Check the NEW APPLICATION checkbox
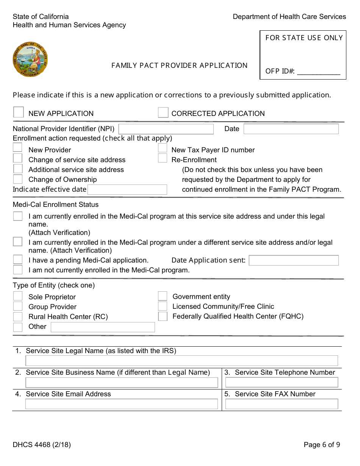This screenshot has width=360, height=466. (x=18, y=112)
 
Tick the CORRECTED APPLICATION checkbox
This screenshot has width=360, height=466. (x=163, y=113)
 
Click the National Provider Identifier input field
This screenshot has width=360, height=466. (x=166, y=129)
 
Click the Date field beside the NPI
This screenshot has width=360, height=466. (x=291, y=129)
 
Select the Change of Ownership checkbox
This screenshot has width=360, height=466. (x=18, y=179)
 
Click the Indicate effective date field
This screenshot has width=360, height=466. (x=127, y=189)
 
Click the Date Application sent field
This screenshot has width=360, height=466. (x=293, y=260)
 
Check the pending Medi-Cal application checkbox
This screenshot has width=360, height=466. (x=18, y=260)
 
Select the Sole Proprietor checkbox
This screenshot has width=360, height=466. (x=18, y=296)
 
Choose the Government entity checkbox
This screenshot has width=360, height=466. (x=163, y=296)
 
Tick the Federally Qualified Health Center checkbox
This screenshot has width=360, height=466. (x=163, y=316)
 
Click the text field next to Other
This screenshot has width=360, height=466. (x=103, y=327)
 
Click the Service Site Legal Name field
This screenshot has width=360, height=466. (x=182, y=360)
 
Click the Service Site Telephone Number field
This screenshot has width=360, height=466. (x=282, y=382)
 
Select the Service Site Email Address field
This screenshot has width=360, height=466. (x=122, y=404)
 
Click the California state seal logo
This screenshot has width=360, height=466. (x=30, y=59)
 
